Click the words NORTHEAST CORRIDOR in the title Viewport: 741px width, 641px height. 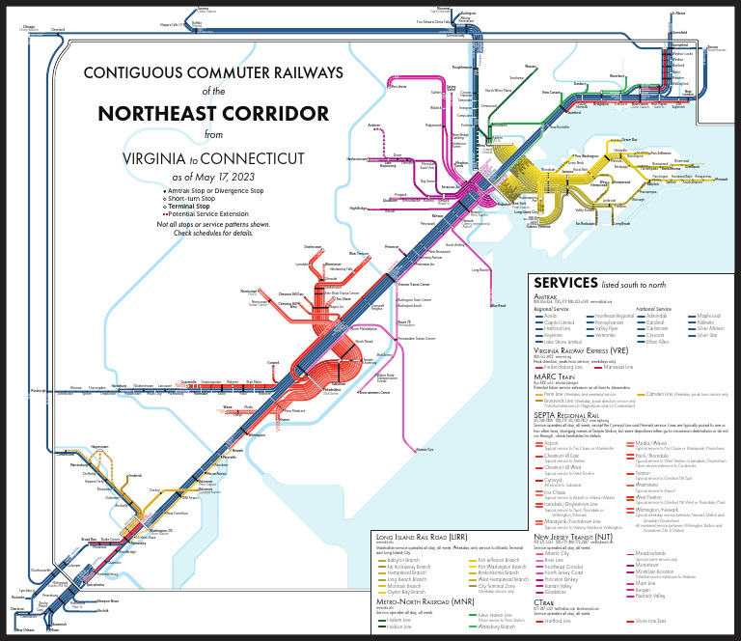pos(213,113)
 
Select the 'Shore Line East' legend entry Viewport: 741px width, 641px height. pos(652,634)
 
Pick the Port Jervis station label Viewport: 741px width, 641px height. pos(397,85)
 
